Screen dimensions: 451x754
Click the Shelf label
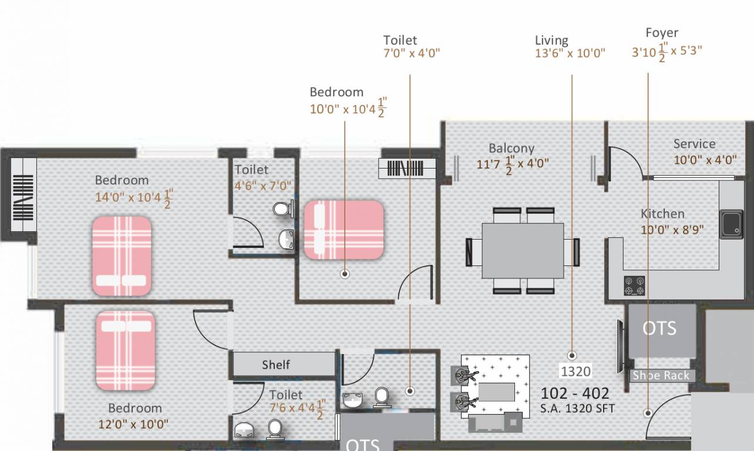(x=275, y=365)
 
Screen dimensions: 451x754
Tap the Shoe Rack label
(x=661, y=376)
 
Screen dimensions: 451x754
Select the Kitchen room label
(x=662, y=214)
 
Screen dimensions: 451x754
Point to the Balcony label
(x=511, y=148)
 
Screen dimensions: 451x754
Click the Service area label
(x=694, y=144)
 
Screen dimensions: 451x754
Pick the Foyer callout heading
(x=662, y=33)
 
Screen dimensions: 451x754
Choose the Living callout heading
(x=551, y=41)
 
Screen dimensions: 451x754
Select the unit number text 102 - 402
(x=574, y=393)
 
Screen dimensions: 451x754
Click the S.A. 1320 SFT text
(x=577, y=408)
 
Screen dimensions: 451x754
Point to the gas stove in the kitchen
(x=634, y=285)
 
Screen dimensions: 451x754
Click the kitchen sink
(x=732, y=224)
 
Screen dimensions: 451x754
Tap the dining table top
(x=523, y=251)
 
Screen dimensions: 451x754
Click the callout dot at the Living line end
(x=571, y=355)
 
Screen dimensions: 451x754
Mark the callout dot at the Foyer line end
(x=648, y=412)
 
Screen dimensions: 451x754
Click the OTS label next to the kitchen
(x=659, y=328)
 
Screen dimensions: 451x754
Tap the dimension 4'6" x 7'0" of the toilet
(x=263, y=186)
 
